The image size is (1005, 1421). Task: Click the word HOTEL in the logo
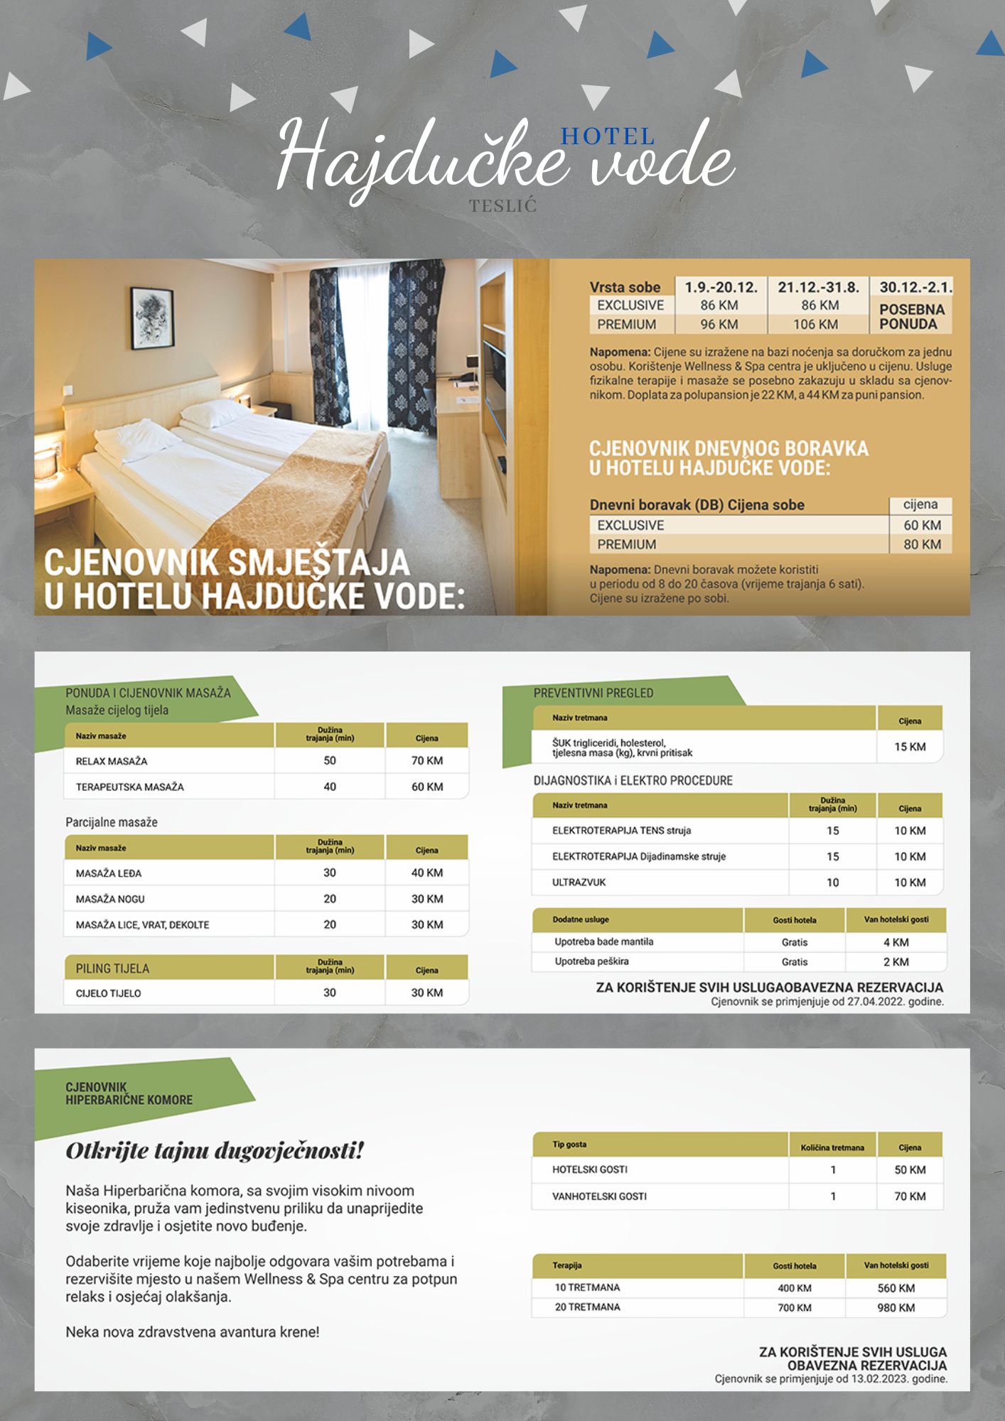607,136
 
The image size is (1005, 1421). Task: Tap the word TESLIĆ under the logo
502,206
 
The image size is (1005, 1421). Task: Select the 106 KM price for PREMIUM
815,325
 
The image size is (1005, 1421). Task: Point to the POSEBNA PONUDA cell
912,317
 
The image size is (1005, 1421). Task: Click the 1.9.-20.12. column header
721,287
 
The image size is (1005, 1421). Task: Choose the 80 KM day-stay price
922,544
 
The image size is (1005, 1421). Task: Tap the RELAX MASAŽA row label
112,761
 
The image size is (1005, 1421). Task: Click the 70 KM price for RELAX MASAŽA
426,761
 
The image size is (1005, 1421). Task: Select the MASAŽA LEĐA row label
109,873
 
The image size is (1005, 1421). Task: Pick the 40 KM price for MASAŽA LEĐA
426,872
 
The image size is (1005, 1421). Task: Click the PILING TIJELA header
112,968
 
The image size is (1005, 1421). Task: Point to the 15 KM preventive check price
910,747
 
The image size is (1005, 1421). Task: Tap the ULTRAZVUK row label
579,882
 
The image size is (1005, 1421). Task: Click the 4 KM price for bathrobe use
896,942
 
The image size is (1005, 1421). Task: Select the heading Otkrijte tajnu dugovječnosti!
215,1150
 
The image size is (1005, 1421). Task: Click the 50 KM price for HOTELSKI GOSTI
910,1169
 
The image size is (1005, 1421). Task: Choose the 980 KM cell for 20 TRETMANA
896,1307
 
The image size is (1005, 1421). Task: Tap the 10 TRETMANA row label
587,1287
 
